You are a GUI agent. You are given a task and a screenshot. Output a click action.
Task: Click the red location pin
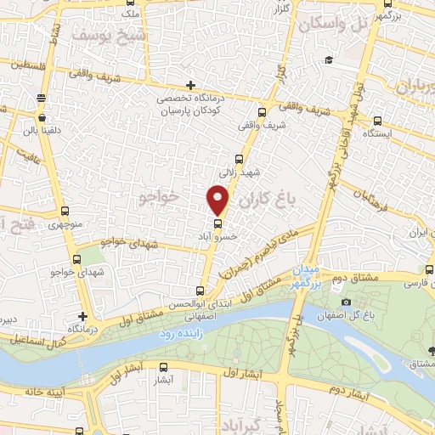pyautogui.click(x=218, y=200)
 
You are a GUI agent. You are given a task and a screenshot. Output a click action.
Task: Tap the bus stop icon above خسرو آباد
pyautogui.click(x=218, y=225)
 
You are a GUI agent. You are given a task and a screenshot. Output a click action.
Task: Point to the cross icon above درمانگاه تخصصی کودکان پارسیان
pyautogui.click(x=190, y=85)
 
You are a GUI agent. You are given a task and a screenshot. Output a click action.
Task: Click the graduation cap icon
pyautogui.click(x=328, y=59)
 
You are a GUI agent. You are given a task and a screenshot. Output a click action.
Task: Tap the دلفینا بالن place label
pyautogui.click(x=41, y=131)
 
